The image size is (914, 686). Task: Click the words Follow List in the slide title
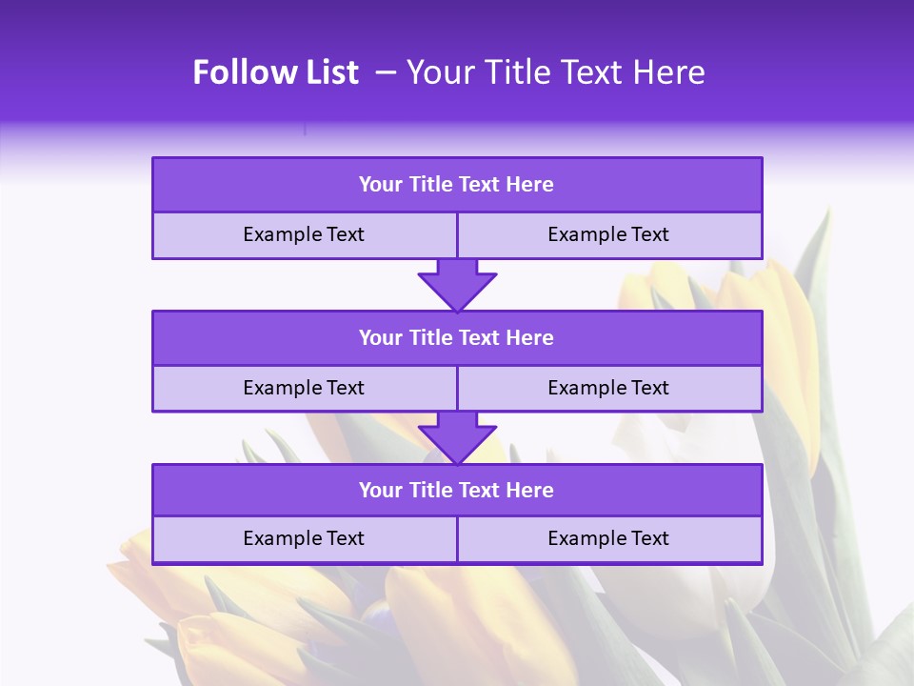pos(275,72)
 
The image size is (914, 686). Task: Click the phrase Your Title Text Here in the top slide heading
pos(555,72)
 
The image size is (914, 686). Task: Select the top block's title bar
pos(457,185)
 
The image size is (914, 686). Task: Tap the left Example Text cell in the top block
pos(304,234)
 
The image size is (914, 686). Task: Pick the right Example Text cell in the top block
pos(608,234)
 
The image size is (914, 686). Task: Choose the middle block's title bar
pos(457,337)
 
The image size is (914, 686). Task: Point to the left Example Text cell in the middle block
pos(304,388)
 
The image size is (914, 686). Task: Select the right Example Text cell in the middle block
pos(608,388)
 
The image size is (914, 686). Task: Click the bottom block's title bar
pos(457,490)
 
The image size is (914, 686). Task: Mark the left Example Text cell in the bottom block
pos(304,538)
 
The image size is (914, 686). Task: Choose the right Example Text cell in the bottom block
pos(608,538)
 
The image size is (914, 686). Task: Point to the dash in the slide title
pos(386,72)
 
